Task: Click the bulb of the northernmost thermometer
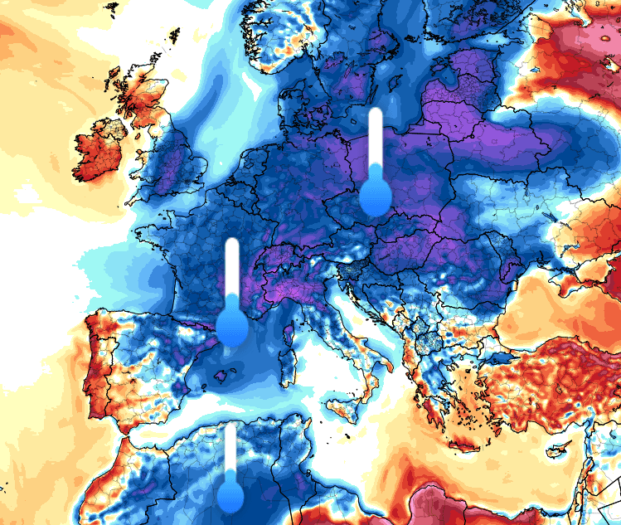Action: coord(376,197)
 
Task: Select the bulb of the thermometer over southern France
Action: coord(232,326)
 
